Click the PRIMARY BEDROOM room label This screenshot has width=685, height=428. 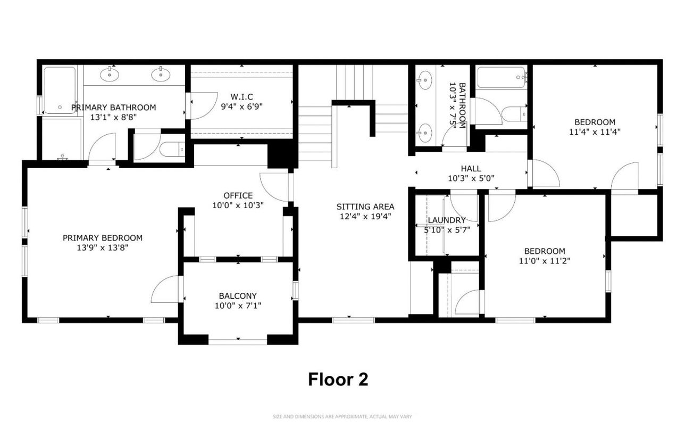click(x=103, y=238)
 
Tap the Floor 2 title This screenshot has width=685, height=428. click(x=338, y=380)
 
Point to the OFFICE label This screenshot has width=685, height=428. click(x=238, y=195)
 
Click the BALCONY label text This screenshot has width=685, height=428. click(x=238, y=296)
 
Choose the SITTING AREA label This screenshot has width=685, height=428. click(x=365, y=207)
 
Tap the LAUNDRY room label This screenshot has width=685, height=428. click(x=447, y=220)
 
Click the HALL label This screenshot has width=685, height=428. click(x=471, y=168)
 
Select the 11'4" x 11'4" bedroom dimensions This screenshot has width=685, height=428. click(x=595, y=131)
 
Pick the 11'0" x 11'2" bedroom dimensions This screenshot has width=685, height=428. click(x=545, y=261)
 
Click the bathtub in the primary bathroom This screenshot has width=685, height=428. click(x=60, y=90)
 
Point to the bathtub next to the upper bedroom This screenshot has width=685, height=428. click(x=501, y=78)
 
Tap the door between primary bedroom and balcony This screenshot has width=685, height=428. click(x=166, y=291)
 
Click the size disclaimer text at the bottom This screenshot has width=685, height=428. click(x=342, y=416)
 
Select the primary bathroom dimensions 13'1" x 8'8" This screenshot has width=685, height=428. click(x=114, y=117)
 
